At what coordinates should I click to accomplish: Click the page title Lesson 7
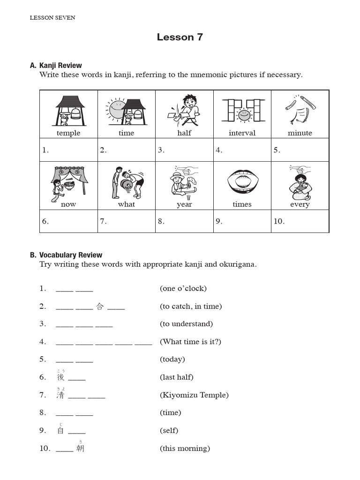(180, 37)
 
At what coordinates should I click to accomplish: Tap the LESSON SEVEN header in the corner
(52, 18)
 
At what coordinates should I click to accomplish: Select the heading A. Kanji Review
(56, 66)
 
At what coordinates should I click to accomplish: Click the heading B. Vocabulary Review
(66, 255)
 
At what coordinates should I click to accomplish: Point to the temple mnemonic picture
(69, 111)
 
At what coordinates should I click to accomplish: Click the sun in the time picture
(115, 109)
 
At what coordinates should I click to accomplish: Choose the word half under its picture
(184, 133)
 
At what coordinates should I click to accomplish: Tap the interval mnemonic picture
(242, 111)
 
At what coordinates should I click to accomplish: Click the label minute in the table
(300, 133)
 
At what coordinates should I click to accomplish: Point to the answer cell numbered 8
(184, 221)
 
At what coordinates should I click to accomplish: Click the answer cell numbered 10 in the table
(300, 221)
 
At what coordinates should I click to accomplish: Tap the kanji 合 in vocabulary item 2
(100, 307)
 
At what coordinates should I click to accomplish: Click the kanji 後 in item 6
(60, 377)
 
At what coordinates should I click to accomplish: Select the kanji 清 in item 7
(60, 395)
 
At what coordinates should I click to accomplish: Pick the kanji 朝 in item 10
(80, 449)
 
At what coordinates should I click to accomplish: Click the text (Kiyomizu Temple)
(194, 395)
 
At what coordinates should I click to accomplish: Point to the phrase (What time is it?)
(190, 342)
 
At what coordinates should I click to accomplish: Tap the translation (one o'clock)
(183, 288)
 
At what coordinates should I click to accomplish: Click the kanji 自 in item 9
(60, 431)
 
